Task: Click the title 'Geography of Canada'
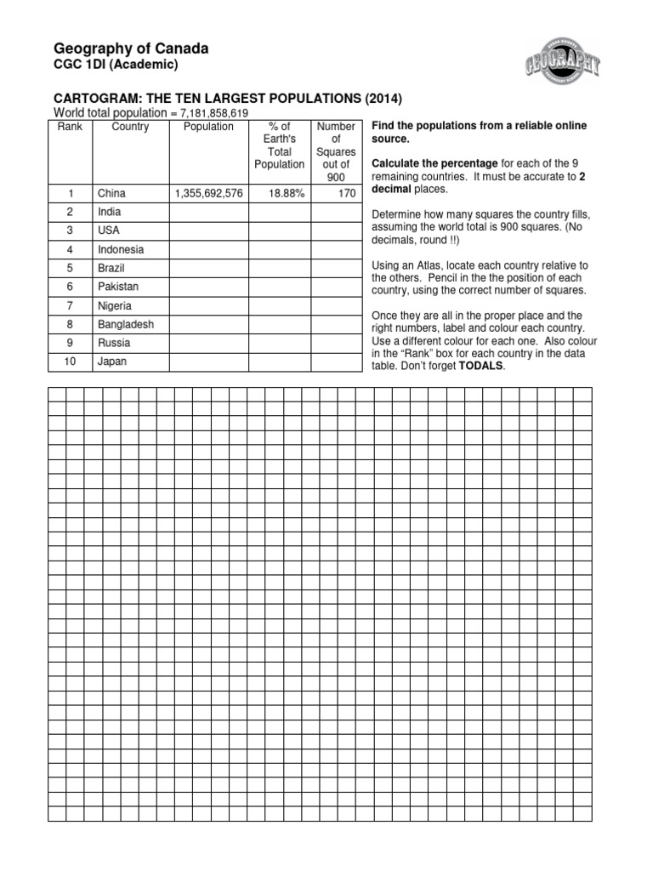tap(131, 50)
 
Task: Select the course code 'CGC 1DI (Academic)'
tap(116, 67)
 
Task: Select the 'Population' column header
tap(208, 127)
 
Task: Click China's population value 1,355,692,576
tap(208, 194)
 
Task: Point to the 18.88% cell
tap(280, 194)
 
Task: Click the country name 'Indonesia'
tap(121, 250)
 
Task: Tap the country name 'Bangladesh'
tap(126, 325)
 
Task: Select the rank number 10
tap(71, 362)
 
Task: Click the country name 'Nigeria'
tap(115, 306)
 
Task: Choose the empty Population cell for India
tap(208, 213)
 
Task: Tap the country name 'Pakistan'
tap(118, 287)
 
